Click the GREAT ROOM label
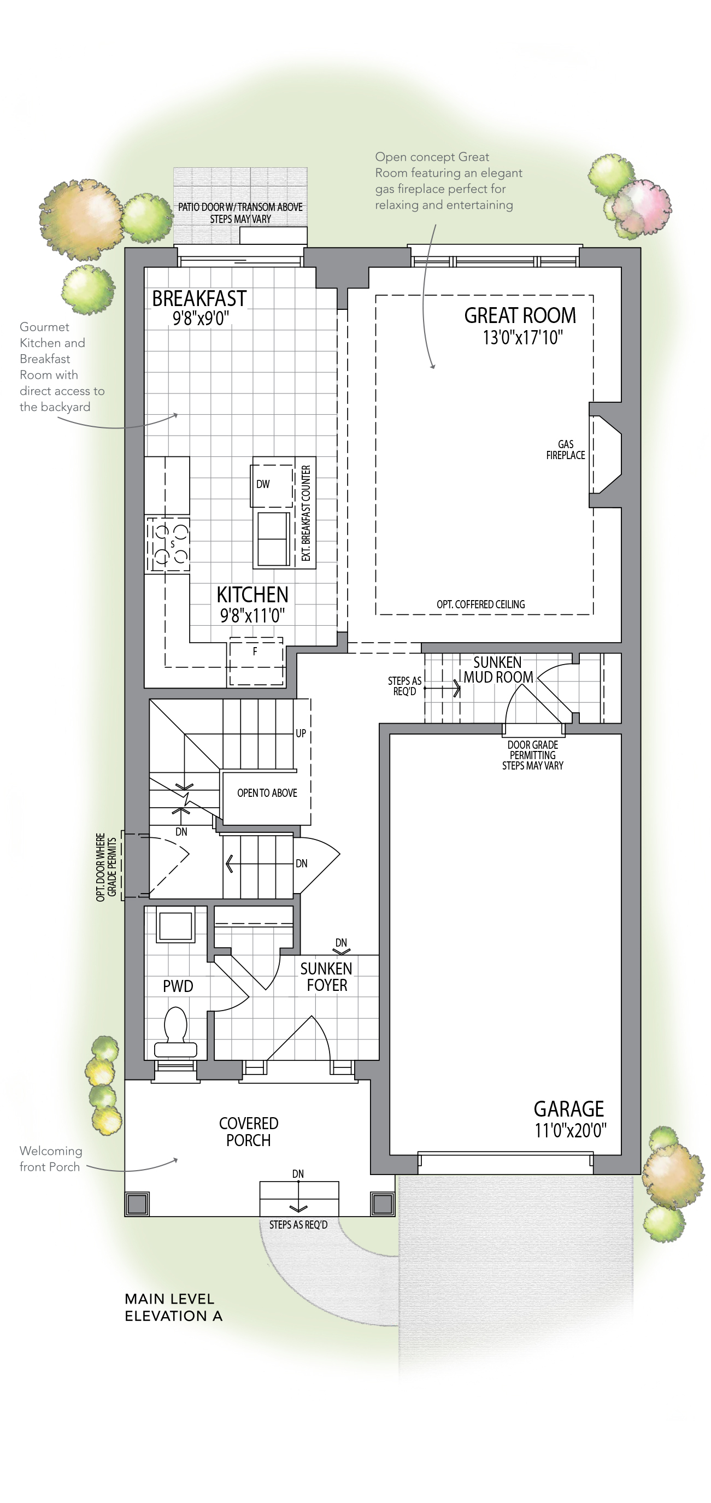click(x=520, y=316)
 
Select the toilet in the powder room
click(x=175, y=1032)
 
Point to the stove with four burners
click(x=167, y=544)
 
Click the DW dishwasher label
click(x=263, y=484)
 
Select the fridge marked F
click(x=255, y=662)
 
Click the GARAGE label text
click(x=569, y=1108)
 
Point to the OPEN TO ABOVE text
click(x=267, y=793)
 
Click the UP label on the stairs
click(x=301, y=733)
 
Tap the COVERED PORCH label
click(x=249, y=1131)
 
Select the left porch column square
click(x=137, y=1203)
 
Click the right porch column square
click(x=383, y=1203)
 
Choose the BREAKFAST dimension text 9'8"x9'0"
click(x=201, y=319)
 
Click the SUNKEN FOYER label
click(x=327, y=977)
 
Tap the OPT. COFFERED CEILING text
click(x=480, y=604)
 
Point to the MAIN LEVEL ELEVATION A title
click(x=174, y=1307)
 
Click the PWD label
click(x=178, y=986)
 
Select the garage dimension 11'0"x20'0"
click(x=571, y=1131)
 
